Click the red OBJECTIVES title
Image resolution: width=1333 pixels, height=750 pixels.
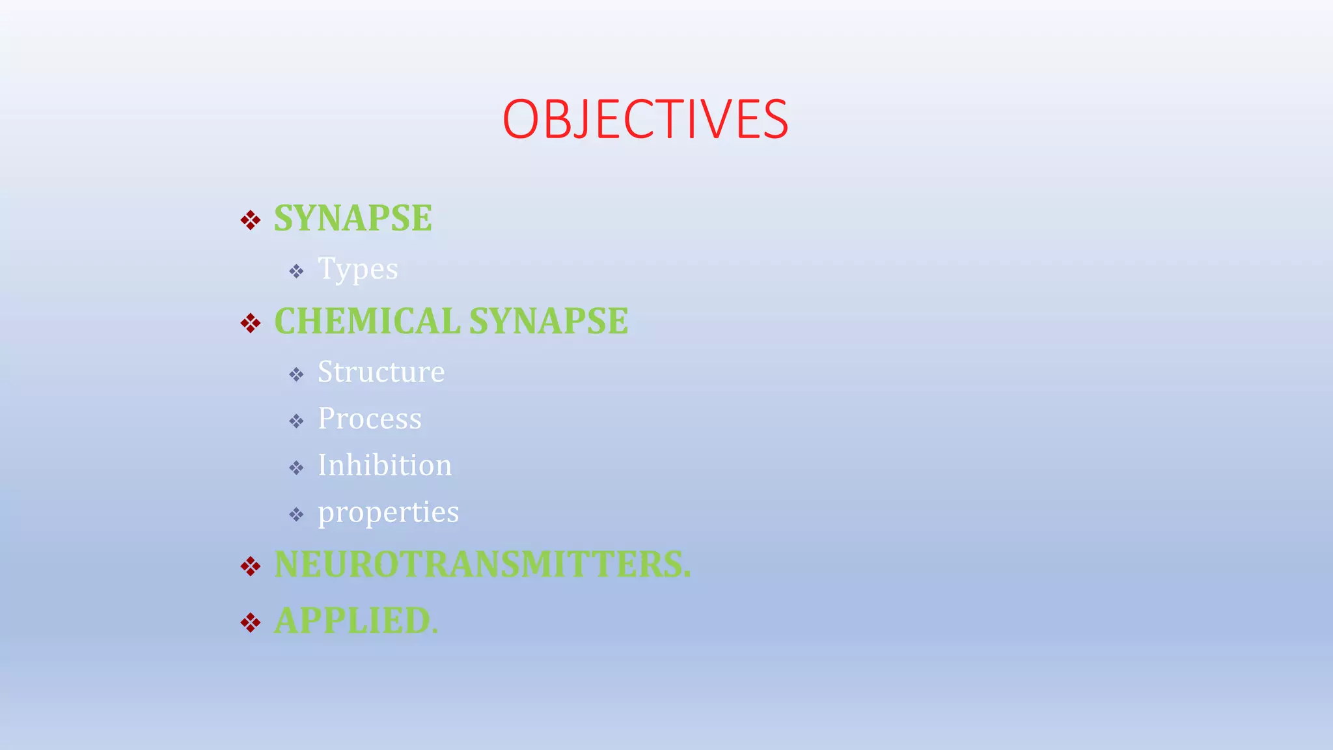click(645, 119)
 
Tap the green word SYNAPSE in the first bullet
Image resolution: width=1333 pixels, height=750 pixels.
click(353, 218)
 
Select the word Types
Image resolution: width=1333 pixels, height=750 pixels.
click(357, 269)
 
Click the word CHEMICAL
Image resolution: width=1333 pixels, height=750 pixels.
click(367, 321)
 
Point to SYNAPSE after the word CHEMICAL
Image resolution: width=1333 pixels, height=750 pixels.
click(549, 321)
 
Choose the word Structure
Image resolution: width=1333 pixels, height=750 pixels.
click(381, 372)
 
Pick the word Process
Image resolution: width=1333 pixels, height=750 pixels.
click(369, 419)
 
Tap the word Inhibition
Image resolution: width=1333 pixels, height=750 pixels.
click(384, 465)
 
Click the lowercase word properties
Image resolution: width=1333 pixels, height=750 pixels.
click(388, 512)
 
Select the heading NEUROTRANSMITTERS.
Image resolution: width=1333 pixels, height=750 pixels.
click(482, 564)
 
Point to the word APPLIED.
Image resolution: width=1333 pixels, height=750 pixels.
click(356, 620)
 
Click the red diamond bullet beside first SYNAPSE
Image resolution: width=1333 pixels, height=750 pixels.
click(251, 220)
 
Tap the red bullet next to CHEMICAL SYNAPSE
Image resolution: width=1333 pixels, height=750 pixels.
click(251, 323)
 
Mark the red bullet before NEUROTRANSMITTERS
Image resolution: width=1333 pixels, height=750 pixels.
click(251, 566)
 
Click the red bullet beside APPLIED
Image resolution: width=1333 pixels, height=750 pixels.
click(251, 622)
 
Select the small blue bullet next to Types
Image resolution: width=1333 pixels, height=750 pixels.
click(296, 271)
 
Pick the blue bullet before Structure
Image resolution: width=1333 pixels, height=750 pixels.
click(296, 374)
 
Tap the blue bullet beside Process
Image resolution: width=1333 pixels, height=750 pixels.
click(296, 421)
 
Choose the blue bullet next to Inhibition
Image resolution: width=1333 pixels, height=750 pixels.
click(296, 467)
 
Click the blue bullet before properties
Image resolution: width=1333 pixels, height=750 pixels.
click(296, 515)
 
